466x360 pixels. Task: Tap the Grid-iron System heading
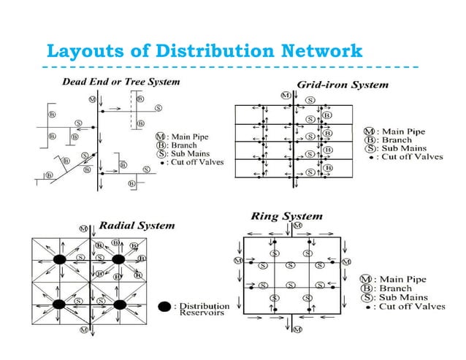click(x=343, y=84)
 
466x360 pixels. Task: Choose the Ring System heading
click(x=286, y=216)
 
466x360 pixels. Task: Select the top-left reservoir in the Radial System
click(x=61, y=258)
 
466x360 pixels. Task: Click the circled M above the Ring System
click(x=297, y=226)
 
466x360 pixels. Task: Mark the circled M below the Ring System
click(x=297, y=330)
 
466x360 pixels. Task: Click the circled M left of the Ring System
click(x=237, y=260)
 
